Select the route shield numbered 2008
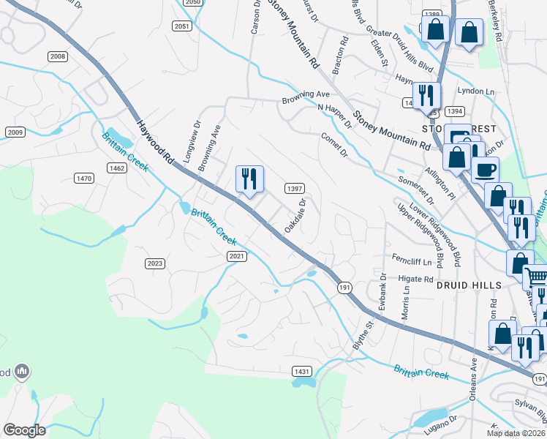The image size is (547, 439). point(57,56)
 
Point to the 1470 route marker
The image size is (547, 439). point(84,178)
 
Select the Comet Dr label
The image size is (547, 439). point(333,144)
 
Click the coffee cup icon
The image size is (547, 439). point(485,170)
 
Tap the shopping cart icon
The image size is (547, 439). point(536,277)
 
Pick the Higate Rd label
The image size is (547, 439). point(416,279)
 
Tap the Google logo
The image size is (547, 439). point(24,430)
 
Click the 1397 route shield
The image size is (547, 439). point(294,188)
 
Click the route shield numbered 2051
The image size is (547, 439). point(182,26)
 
